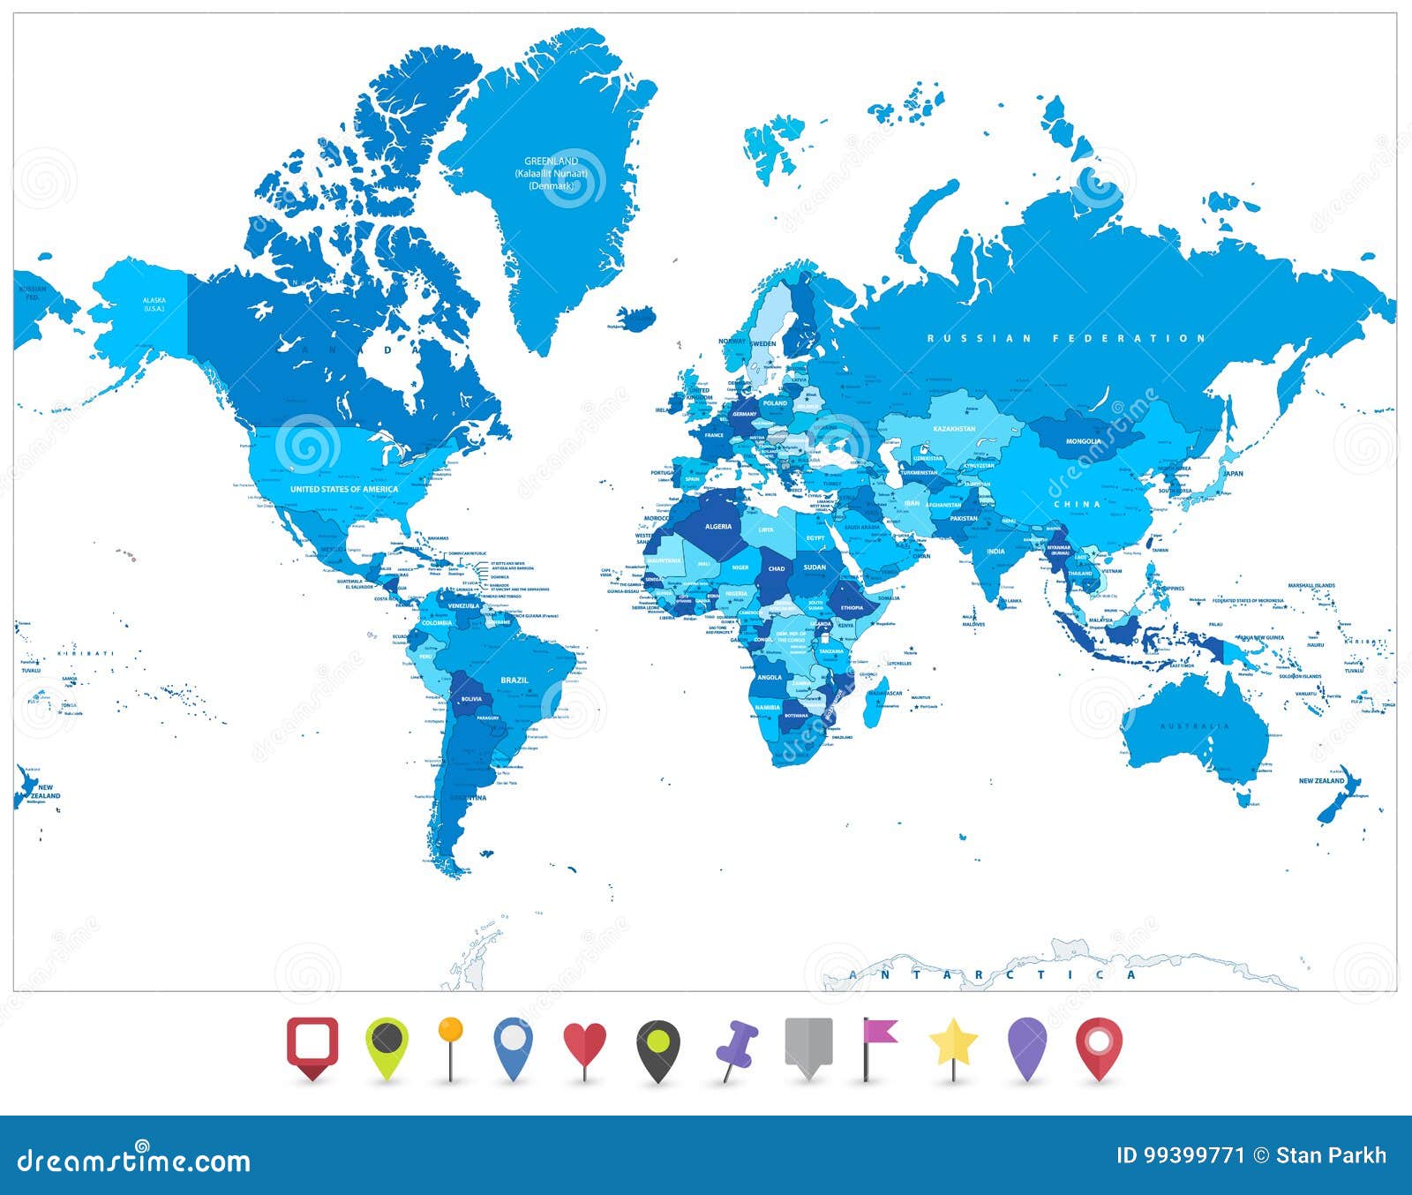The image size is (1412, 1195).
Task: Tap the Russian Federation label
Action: click(x=1066, y=338)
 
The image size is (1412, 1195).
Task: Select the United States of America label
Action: click(x=344, y=489)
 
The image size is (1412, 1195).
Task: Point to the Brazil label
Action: click(x=514, y=680)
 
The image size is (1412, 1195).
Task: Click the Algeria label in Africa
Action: click(x=717, y=527)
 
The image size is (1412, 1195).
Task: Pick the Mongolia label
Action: click(x=1083, y=441)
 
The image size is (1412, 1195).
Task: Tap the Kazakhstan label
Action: click(x=954, y=429)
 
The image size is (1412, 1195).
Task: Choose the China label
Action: click(x=1078, y=504)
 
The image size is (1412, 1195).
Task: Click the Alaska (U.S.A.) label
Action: click(x=154, y=304)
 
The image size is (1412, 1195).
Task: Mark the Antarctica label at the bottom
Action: click(x=993, y=975)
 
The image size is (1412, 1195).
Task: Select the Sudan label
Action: click(x=815, y=567)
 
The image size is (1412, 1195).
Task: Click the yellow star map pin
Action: click(x=953, y=1045)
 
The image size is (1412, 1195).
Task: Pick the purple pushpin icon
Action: click(x=736, y=1047)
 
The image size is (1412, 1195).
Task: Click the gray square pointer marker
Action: click(x=808, y=1044)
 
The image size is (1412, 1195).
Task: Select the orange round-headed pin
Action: click(x=450, y=1031)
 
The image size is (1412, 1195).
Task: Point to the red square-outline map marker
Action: click(x=312, y=1044)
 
